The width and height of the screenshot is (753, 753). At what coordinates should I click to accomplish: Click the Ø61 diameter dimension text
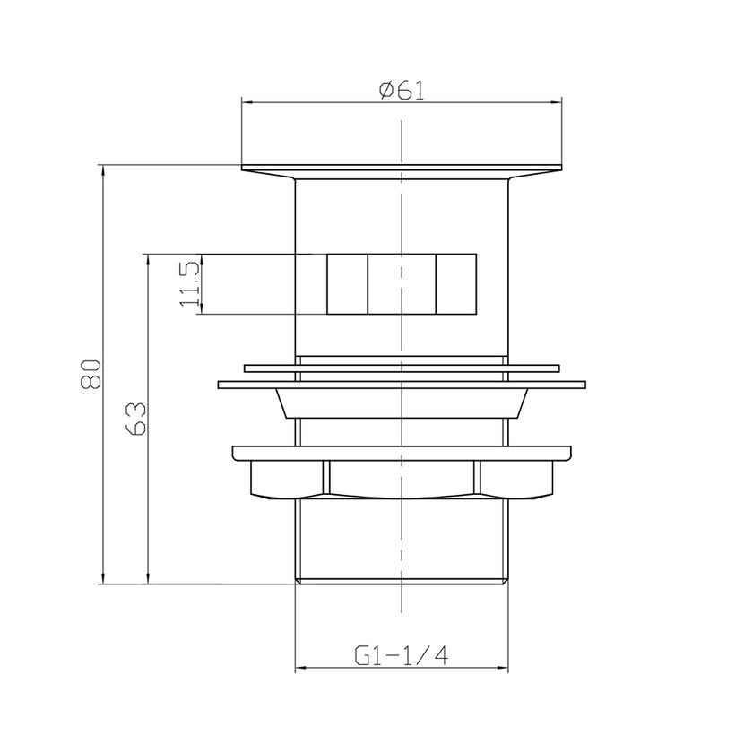(x=401, y=90)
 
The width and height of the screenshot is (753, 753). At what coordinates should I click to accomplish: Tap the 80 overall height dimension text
(x=89, y=374)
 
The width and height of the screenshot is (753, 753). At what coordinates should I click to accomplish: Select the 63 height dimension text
(x=135, y=419)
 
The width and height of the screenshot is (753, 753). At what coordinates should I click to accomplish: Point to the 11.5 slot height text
(x=189, y=285)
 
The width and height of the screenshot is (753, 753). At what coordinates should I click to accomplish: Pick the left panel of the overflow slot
(x=347, y=284)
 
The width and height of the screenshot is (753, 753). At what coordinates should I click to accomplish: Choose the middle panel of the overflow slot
(x=402, y=284)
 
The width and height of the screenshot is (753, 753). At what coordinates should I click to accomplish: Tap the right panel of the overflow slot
(x=455, y=284)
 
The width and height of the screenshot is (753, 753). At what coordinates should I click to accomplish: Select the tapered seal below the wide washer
(x=401, y=403)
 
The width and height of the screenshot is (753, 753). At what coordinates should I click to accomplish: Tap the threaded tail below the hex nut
(x=401, y=538)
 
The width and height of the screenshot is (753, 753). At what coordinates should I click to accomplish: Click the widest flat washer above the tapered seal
(x=401, y=385)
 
